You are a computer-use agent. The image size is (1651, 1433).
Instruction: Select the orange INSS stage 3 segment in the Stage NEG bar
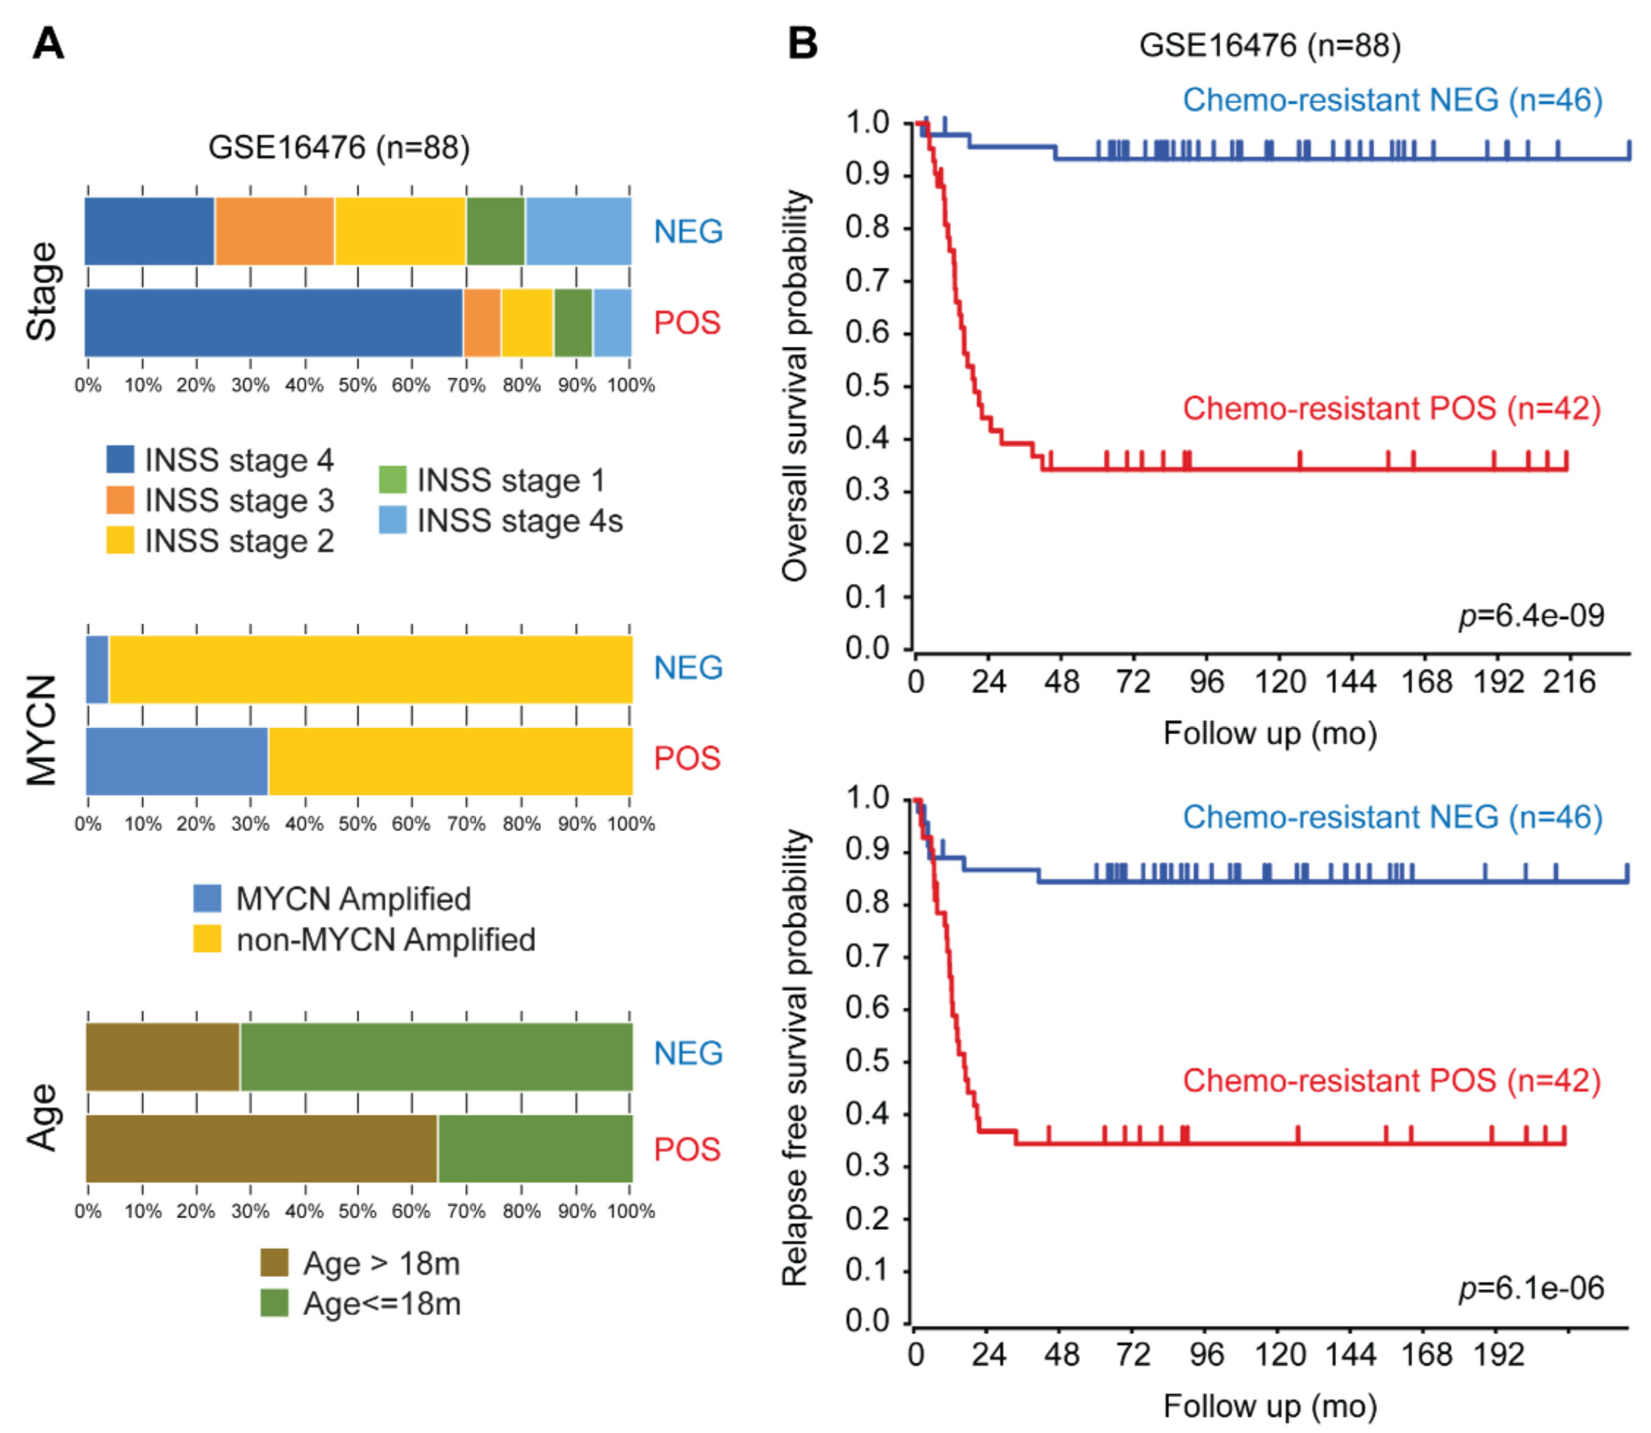pyautogui.click(x=274, y=231)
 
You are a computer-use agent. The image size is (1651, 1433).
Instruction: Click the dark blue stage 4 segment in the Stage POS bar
pyautogui.click(x=273, y=322)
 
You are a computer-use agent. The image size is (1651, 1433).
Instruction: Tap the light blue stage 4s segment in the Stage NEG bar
pyautogui.click(x=578, y=231)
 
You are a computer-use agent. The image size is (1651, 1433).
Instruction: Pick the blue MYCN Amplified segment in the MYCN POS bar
pyautogui.click(x=177, y=760)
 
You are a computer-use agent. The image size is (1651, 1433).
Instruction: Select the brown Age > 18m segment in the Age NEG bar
pyautogui.click(x=162, y=1057)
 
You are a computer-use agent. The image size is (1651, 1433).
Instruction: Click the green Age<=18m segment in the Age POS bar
pyautogui.click(x=535, y=1149)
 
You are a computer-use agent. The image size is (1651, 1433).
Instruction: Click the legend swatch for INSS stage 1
pyautogui.click(x=393, y=480)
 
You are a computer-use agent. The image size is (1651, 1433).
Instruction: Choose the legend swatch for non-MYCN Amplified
pyautogui.click(x=207, y=939)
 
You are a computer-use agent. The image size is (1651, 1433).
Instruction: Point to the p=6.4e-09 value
pyautogui.click(x=1531, y=615)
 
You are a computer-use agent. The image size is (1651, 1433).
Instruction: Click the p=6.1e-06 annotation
pyautogui.click(x=1531, y=1287)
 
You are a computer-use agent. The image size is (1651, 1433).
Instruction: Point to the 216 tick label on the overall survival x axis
pyautogui.click(x=1569, y=682)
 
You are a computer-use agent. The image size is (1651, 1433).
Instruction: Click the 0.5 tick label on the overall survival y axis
pyautogui.click(x=867, y=386)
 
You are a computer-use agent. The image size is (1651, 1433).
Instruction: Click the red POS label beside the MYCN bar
pyautogui.click(x=687, y=758)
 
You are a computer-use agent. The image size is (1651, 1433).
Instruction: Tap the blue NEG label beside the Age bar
pyautogui.click(x=688, y=1053)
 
